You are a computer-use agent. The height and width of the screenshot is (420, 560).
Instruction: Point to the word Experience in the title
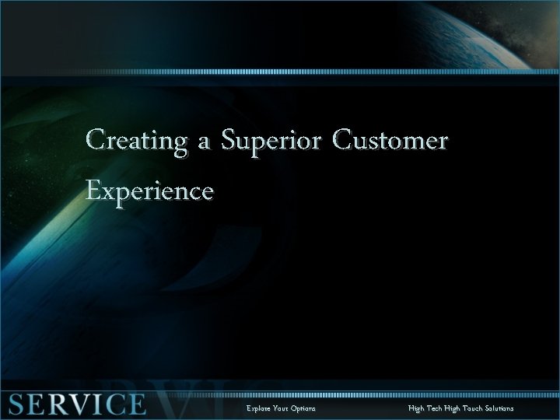(x=149, y=189)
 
